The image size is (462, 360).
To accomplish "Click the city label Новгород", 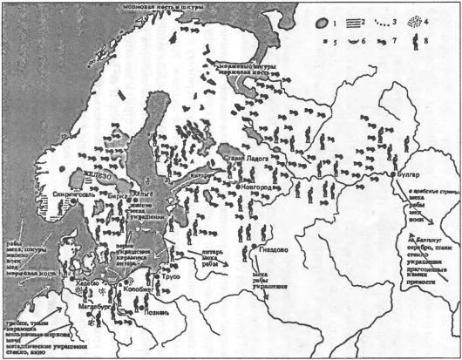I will (262, 188).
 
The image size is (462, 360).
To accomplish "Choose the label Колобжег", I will (147, 283).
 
